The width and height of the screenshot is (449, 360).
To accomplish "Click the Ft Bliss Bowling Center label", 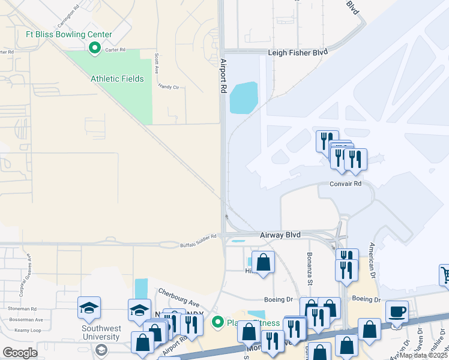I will (x=68, y=34).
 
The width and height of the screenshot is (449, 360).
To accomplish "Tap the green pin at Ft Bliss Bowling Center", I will (x=94, y=47).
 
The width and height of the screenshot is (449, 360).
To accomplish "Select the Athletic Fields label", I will (x=117, y=79).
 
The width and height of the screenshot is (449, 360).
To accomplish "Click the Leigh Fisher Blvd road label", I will (x=298, y=53).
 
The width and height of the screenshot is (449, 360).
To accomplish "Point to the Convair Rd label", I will (x=345, y=184).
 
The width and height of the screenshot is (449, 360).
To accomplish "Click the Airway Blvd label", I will (x=280, y=235).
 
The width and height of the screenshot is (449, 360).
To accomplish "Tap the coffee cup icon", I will (x=397, y=312).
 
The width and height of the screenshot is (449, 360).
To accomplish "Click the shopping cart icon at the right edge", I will (x=445, y=275).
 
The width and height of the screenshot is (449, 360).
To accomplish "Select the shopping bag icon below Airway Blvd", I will (x=263, y=262).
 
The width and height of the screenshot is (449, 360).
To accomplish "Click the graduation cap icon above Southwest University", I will (x=89, y=308).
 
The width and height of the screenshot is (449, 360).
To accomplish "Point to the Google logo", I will (x=20, y=352).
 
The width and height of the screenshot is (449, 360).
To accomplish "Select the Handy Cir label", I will (x=169, y=88).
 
